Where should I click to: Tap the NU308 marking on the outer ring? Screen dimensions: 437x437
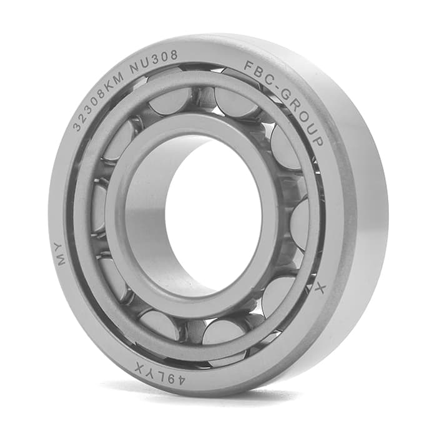tap(154, 62)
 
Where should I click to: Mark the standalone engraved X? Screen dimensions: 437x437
tap(320, 289)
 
